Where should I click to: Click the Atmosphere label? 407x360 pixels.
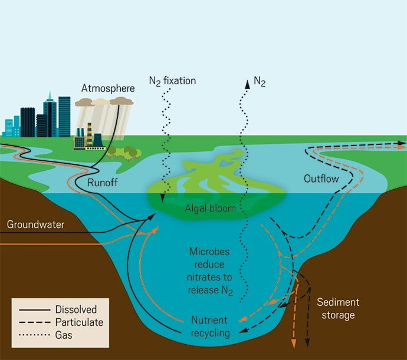point(108,88)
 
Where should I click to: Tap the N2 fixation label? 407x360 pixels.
point(172,81)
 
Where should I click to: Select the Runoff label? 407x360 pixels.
point(102,182)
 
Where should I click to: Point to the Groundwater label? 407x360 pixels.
point(35,224)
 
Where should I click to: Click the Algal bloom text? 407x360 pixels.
point(210,208)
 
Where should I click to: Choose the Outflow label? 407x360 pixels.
point(321,179)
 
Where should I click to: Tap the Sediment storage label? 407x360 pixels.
point(338,308)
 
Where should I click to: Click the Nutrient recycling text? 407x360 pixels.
point(210,326)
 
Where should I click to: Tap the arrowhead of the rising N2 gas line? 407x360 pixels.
point(248,84)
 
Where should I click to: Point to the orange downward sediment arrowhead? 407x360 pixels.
point(294,343)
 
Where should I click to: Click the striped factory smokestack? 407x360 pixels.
point(90,134)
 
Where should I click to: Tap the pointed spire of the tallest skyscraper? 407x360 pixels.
point(50,95)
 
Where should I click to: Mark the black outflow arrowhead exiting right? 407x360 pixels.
point(402,143)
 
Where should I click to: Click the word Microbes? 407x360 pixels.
point(209,252)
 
